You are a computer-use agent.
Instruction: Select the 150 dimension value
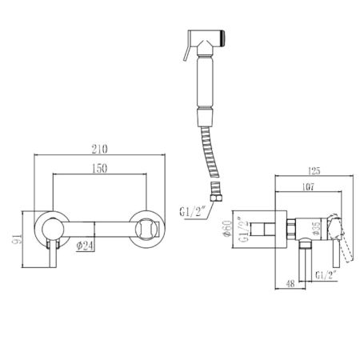[100, 170]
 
